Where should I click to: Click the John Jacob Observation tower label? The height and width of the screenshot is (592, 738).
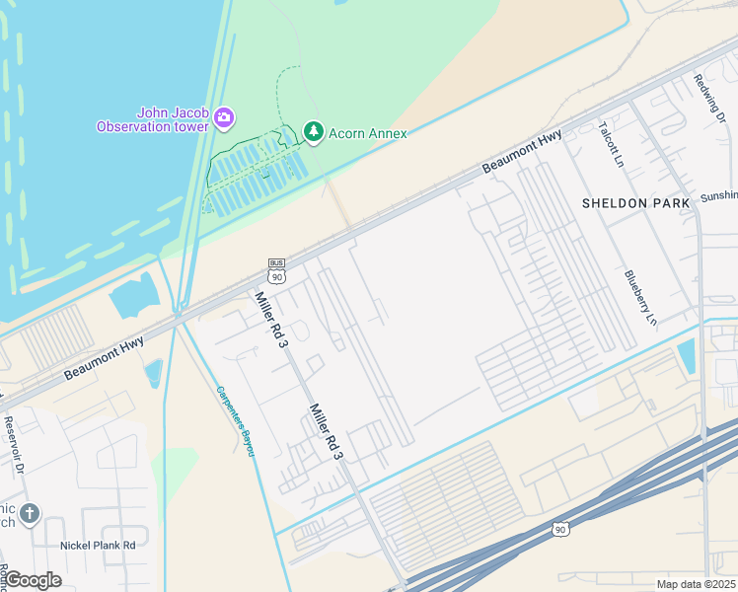point(152,118)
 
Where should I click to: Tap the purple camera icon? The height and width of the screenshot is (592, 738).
point(224,118)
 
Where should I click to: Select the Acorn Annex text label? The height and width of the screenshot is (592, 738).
point(367,132)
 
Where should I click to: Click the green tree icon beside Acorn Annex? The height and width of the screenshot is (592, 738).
point(314,131)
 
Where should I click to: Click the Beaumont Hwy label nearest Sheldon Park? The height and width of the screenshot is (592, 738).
point(522,155)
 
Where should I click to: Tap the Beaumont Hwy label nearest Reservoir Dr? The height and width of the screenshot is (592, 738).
point(104,358)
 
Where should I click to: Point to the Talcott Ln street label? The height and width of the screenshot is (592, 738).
point(612,144)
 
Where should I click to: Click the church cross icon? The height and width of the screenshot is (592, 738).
point(31,513)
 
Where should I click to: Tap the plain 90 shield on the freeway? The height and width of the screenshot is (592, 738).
point(560,530)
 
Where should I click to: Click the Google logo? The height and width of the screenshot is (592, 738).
point(33,580)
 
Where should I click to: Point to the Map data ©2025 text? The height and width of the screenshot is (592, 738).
point(696,584)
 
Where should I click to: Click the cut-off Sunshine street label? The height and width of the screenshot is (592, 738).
point(718,196)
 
